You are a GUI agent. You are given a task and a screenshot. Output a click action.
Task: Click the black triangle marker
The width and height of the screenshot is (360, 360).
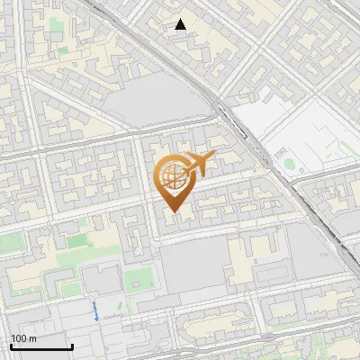point(181,24)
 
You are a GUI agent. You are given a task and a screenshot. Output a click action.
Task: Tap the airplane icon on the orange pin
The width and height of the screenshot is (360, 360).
point(198,166)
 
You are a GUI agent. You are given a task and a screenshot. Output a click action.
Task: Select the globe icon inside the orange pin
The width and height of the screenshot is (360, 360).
point(171,178)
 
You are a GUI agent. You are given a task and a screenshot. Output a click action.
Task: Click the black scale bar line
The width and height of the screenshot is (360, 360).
point(40,346)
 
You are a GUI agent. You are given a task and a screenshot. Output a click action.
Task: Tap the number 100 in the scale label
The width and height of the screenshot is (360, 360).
point(19,338)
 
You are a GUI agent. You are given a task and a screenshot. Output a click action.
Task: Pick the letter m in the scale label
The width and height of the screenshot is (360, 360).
point(32,338)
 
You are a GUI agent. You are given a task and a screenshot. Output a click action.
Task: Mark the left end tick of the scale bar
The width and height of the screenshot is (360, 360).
point(10,345)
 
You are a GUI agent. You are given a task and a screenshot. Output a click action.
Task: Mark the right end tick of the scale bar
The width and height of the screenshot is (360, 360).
point(72,345)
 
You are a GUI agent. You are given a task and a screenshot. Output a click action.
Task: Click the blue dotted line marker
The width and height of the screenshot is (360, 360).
point(96,311)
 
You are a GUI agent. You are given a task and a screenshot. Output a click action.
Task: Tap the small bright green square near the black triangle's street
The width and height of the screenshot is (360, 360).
point(63,51)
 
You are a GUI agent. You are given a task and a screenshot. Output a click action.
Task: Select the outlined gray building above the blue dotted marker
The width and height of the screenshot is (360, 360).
point(103,281)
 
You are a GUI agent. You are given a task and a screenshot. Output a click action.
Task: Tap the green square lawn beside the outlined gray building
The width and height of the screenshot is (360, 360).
point(137,279)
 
